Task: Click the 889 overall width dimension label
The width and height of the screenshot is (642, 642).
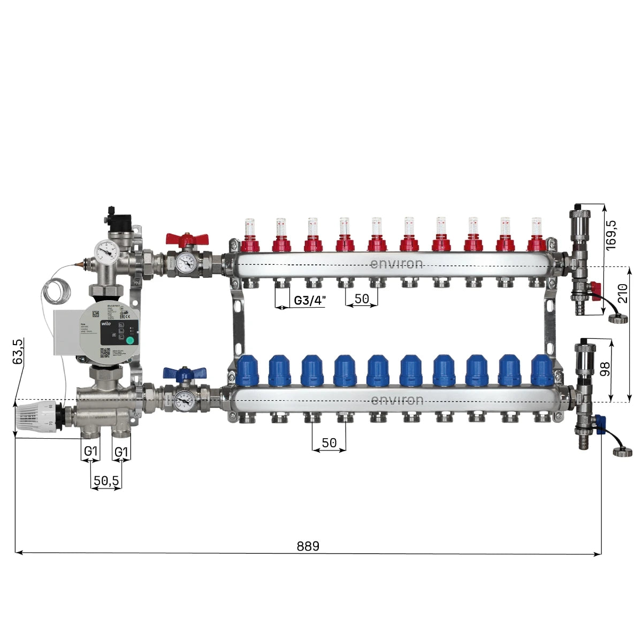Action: [308, 546]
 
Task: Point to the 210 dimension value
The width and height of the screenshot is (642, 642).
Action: [623, 294]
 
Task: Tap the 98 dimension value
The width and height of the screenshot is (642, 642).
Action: [605, 369]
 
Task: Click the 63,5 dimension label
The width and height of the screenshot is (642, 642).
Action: [18, 351]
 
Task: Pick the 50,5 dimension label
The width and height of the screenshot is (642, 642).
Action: [106, 481]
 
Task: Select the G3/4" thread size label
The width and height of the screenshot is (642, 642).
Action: [309, 300]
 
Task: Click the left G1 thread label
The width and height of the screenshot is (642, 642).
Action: [91, 452]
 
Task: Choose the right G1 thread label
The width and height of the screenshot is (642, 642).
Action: [122, 452]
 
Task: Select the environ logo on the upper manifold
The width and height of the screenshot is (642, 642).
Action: [396, 264]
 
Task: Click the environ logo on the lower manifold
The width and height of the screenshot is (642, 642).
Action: [396, 400]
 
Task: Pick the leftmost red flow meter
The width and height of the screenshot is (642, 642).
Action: [250, 234]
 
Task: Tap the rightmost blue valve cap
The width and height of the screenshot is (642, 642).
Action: [541, 370]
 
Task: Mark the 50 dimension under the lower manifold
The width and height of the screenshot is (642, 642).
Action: [329, 443]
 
